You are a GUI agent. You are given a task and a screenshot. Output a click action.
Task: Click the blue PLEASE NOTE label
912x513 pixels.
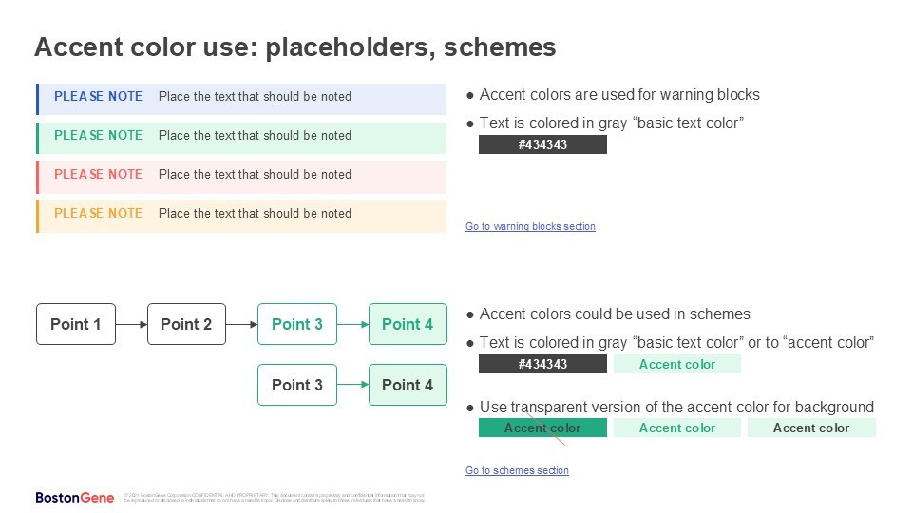tap(98, 96)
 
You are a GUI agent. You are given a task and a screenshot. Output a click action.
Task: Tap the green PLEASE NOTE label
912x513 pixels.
tap(98, 135)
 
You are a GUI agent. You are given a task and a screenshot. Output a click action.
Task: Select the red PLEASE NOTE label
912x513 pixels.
tap(98, 174)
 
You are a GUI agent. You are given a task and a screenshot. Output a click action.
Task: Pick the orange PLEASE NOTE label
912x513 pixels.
tap(98, 213)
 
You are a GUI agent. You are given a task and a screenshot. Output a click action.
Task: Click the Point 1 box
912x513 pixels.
tap(76, 324)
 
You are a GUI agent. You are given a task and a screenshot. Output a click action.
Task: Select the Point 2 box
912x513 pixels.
tap(186, 324)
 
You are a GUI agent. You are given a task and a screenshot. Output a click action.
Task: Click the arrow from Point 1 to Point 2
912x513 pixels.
tap(131, 324)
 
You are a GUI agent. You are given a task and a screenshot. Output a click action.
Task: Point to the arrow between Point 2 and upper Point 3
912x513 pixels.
tap(241, 324)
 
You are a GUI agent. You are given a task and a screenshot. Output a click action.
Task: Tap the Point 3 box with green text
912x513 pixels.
tap(297, 324)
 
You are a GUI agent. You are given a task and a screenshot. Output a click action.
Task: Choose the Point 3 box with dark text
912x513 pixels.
tap(297, 385)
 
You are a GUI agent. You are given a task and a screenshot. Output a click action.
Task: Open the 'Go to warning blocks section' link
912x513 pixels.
tap(530, 226)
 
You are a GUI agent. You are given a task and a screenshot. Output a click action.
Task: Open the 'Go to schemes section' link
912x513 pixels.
tap(517, 470)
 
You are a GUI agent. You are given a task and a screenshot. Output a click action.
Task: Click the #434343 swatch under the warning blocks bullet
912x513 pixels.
tap(542, 144)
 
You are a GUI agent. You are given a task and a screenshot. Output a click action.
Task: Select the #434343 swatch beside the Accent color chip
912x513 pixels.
tap(542, 364)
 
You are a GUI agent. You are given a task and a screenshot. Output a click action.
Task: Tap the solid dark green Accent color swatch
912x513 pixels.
tap(542, 427)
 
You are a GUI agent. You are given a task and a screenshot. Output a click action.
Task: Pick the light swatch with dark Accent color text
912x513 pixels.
tap(811, 427)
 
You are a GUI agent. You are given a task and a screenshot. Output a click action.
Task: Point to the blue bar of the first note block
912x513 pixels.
tap(37, 100)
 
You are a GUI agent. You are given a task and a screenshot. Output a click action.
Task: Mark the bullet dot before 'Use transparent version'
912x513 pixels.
tap(470, 408)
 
